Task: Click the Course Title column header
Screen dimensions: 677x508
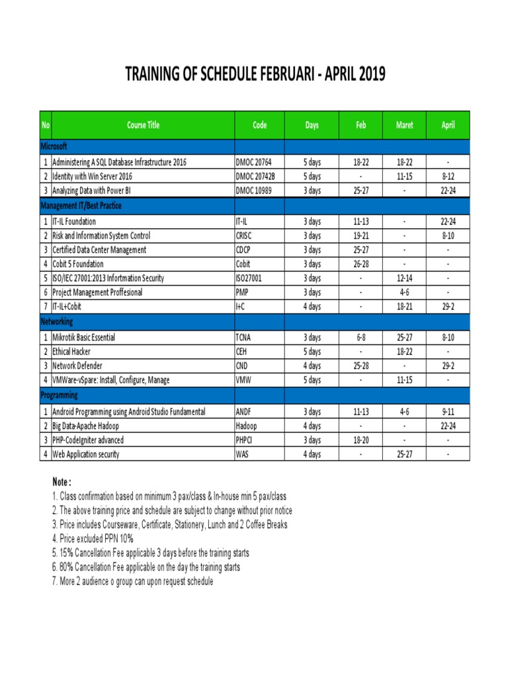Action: tap(143, 125)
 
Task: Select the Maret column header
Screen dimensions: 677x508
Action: tap(404, 125)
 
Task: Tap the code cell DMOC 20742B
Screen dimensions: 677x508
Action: tap(255, 177)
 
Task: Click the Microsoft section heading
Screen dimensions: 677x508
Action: tap(54, 145)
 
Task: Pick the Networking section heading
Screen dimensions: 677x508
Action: tap(57, 321)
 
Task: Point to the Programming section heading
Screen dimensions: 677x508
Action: tap(60, 395)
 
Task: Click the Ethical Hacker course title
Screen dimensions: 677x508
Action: tap(71, 352)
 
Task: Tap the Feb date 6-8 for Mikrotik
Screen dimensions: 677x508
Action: tap(360, 337)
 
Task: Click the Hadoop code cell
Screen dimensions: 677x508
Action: tap(247, 426)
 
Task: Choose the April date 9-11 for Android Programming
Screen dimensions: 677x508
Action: tap(448, 411)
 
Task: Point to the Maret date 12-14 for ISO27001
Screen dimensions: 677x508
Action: tap(404, 278)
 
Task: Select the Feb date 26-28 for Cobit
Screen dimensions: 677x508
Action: tap(360, 264)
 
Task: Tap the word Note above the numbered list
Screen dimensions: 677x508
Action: tap(61, 482)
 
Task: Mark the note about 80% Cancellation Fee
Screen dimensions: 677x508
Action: tap(146, 567)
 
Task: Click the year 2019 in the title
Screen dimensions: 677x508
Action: tap(369, 75)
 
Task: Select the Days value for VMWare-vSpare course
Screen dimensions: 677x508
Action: tap(312, 380)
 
